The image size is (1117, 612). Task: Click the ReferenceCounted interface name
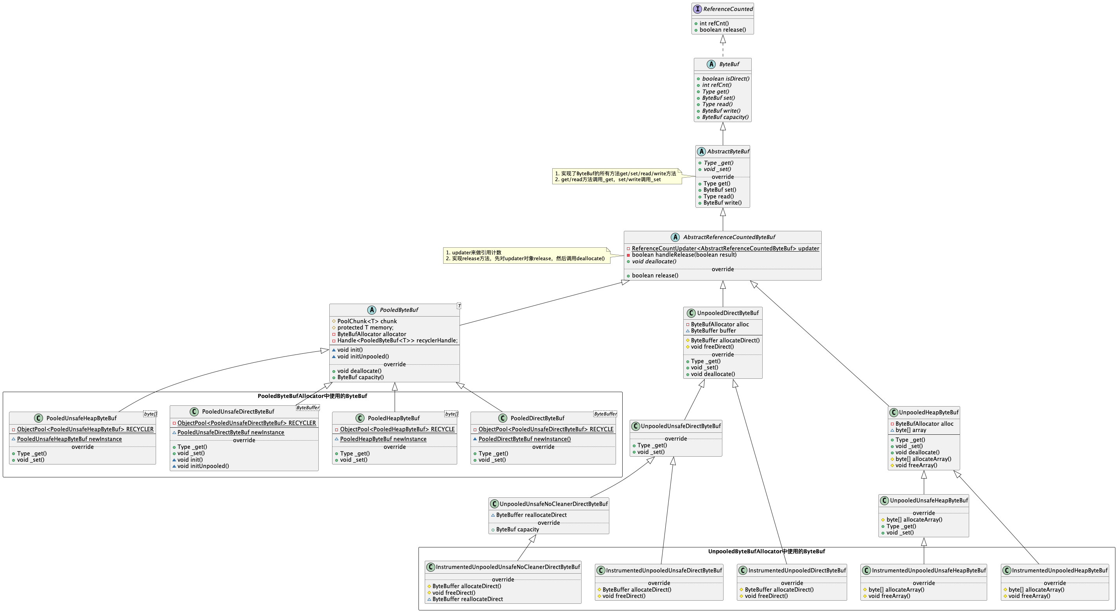(x=728, y=9)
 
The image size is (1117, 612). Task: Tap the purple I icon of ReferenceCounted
(x=697, y=9)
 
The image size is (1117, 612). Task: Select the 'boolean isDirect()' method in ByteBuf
(x=726, y=79)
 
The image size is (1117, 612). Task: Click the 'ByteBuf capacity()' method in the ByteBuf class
(x=725, y=117)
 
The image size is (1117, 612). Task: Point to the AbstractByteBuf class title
(x=728, y=151)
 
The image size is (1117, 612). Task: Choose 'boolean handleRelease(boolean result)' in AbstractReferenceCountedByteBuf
(x=684, y=255)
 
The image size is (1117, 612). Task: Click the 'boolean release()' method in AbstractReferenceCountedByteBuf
(x=655, y=275)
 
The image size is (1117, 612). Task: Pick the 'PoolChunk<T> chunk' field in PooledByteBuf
(x=367, y=321)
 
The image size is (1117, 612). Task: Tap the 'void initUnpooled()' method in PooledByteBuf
(x=363, y=356)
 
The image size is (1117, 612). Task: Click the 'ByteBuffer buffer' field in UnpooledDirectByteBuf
(x=713, y=331)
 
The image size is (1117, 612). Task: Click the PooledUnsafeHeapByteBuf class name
(x=81, y=418)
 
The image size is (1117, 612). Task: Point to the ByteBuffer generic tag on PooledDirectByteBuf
(x=605, y=414)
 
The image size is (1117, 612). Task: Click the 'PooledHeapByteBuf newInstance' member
(x=383, y=439)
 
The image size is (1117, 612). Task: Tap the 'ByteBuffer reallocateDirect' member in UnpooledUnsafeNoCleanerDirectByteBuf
(x=531, y=515)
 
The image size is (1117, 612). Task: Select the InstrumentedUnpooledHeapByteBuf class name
(x=1060, y=571)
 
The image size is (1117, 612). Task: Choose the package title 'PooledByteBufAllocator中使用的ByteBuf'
(x=312, y=396)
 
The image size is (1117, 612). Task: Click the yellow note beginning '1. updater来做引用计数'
(x=526, y=256)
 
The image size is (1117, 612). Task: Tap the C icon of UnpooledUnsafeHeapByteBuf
(x=884, y=500)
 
